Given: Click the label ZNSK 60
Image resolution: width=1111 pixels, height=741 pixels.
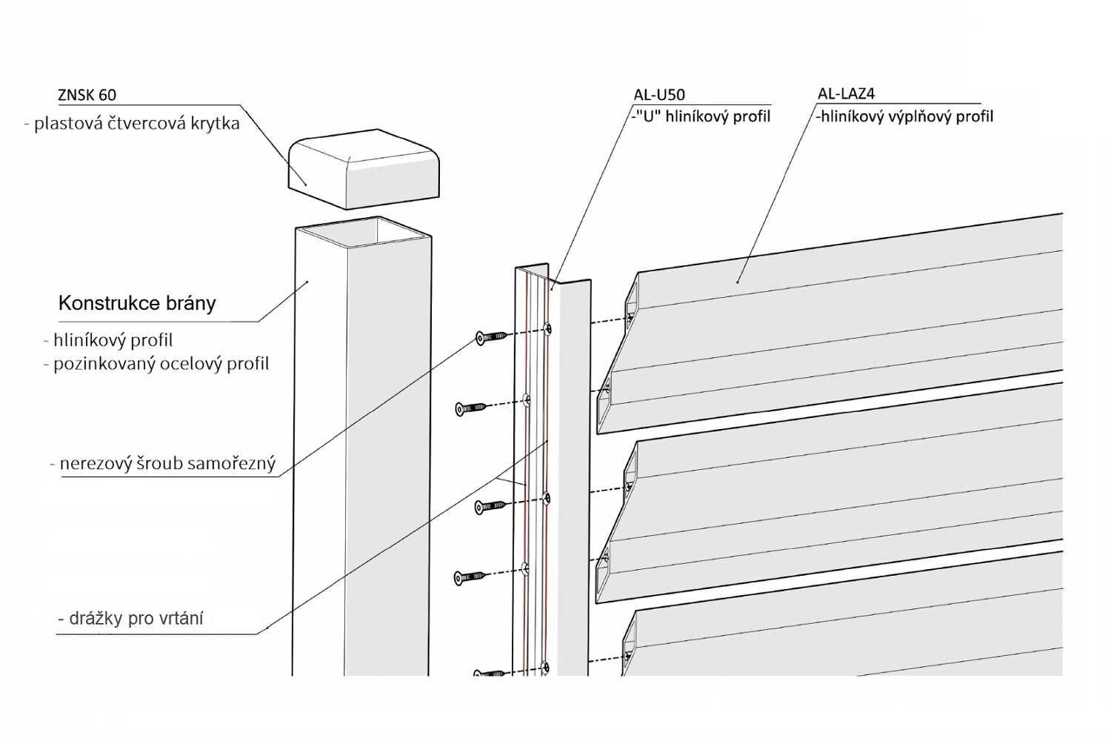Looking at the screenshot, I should point(87,95).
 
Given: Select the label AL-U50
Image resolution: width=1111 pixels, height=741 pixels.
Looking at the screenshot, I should point(659,95).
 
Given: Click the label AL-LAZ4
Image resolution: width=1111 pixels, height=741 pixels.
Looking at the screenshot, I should point(846,94).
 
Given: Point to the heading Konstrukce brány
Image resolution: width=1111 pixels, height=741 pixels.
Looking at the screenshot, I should point(137,303).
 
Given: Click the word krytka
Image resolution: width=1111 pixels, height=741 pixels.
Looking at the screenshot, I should point(213,124).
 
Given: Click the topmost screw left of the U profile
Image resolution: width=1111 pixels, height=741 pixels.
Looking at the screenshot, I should point(491,338).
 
